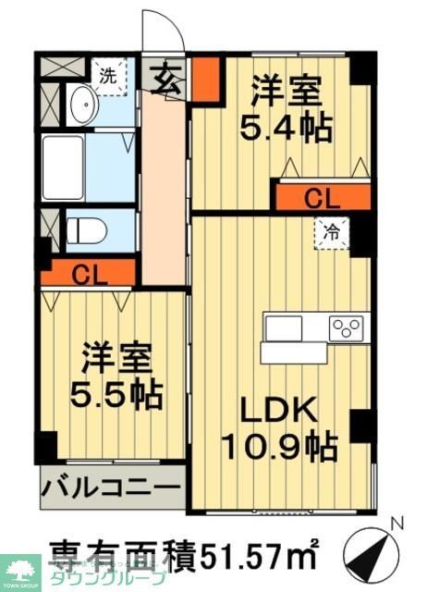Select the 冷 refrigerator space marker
coord(331,234)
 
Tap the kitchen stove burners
coord(348,327)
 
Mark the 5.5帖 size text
coord(118,395)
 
